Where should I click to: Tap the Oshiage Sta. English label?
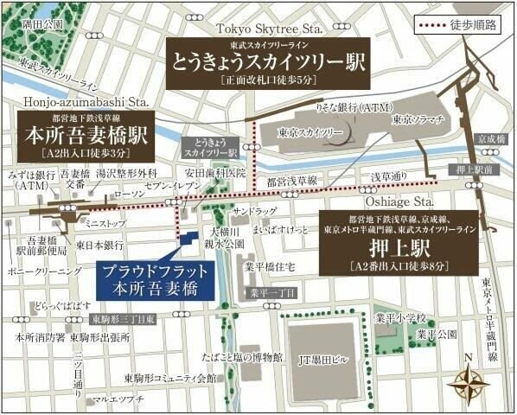point(388,201)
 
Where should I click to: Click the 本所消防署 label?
point(34,337)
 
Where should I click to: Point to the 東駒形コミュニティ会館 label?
point(171,378)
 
